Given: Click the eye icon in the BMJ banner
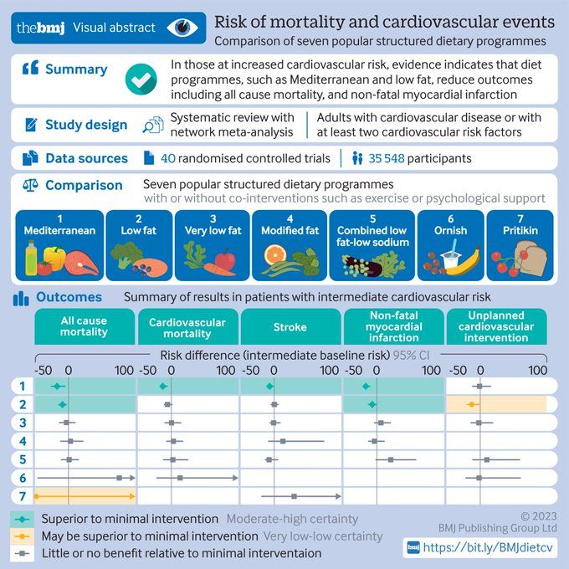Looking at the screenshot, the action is [182, 28].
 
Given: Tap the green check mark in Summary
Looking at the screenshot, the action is [141, 79].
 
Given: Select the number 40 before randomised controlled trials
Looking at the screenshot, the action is [168, 158].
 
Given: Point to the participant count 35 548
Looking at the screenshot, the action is [387, 158].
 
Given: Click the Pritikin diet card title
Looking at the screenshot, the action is [520, 230].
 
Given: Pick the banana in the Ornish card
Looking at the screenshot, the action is [464, 262].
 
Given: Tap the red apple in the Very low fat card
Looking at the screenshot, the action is [225, 260].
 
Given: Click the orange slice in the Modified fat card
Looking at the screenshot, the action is [275, 254].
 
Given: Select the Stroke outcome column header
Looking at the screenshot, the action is [290, 326].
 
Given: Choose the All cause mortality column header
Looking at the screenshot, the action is [85, 326].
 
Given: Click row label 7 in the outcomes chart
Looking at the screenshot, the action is [23, 495].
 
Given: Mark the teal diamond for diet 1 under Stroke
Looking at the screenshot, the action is [269, 387].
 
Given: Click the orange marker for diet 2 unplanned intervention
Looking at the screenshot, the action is [472, 404].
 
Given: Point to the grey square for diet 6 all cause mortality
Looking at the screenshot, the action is [119, 478].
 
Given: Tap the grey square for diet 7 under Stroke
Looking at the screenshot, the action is [294, 496].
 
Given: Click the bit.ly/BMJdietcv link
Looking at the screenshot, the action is [488, 547].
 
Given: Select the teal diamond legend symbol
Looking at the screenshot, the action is [23, 519].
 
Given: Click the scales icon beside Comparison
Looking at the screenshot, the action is [30, 185].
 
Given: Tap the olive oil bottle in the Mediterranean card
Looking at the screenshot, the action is [31, 258].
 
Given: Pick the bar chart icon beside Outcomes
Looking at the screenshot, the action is [21, 299].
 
